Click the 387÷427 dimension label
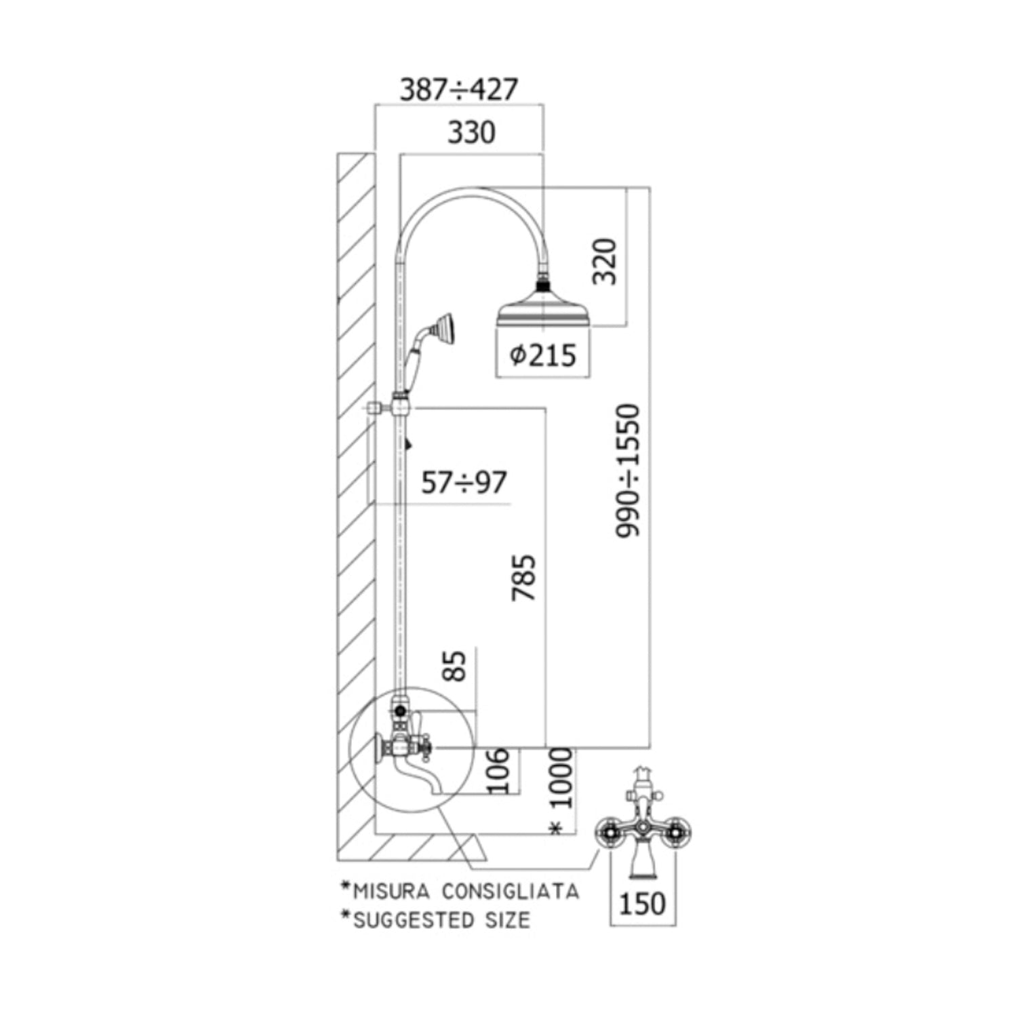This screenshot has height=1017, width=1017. point(459,89)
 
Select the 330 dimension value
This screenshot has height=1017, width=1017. point(471,132)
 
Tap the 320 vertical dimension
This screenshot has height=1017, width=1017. point(605,262)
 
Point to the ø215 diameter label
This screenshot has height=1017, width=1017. point(542,355)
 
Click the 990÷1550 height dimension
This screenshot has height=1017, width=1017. point(628,471)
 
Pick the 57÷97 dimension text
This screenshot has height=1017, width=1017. point(464,483)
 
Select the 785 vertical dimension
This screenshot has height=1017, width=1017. point(523,578)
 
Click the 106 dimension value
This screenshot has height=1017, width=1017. point(499,770)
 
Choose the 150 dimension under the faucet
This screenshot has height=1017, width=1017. point(642,904)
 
